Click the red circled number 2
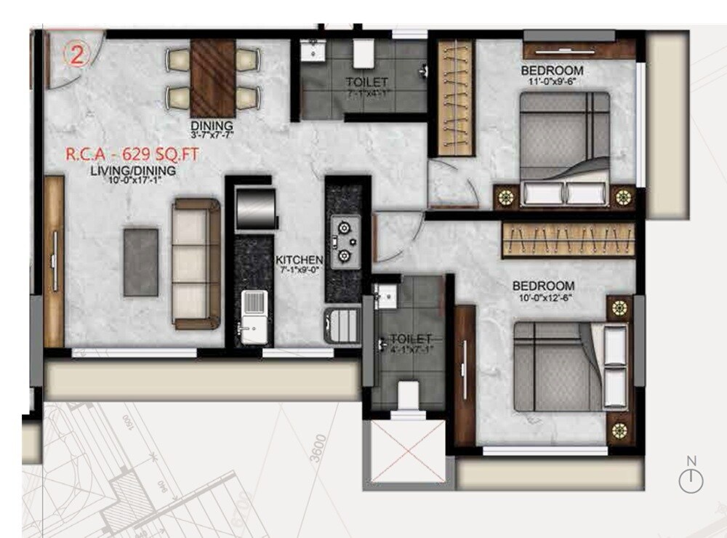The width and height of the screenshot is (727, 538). [76, 55]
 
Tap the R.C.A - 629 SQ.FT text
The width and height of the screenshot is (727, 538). [132, 154]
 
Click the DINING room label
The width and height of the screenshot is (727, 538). [212, 124]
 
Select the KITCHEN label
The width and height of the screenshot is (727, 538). [299, 260]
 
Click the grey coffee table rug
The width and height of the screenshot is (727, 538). [141, 262]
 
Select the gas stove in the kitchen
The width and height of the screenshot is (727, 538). [344, 240]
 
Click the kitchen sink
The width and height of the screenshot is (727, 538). [254, 316]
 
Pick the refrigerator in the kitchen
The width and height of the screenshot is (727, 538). [256, 208]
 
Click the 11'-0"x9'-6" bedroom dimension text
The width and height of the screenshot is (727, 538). [553, 83]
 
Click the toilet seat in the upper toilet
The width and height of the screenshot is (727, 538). [363, 53]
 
